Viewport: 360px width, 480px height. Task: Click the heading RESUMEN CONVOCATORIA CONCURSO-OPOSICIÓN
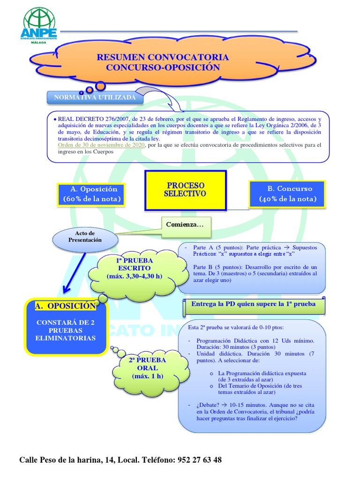tap(163, 62)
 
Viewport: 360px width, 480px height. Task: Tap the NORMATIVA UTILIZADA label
tap(95, 97)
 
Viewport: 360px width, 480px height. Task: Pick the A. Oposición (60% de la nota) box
tap(92, 194)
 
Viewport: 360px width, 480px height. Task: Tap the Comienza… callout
tap(185, 225)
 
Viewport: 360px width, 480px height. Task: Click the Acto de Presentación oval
tap(85, 237)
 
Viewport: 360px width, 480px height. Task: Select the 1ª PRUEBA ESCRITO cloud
tap(134, 268)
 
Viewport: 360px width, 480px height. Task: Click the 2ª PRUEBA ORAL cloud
tap(146, 368)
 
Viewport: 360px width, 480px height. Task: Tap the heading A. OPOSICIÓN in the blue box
tap(65, 306)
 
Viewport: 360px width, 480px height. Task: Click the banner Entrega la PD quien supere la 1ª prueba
tap(253, 304)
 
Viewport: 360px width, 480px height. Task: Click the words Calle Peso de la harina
tap(60, 460)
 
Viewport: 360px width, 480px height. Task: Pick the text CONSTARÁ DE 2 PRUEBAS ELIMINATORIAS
tap(66, 330)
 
